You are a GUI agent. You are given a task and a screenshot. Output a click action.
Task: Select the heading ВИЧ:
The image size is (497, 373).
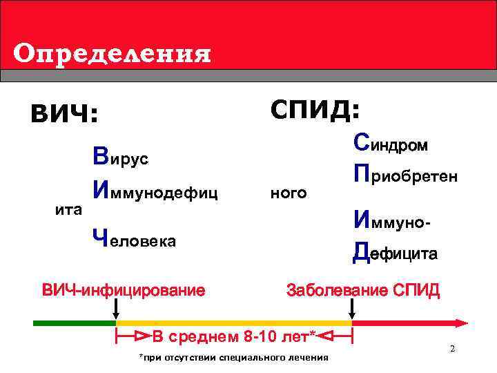pos(64,113)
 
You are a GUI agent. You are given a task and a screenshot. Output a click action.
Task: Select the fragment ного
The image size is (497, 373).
pos(289,193)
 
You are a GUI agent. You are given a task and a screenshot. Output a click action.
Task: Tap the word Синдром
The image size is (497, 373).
pos(390,144)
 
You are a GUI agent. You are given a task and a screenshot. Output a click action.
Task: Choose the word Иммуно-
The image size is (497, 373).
pos(392,222)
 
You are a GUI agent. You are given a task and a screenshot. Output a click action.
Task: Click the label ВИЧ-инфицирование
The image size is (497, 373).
pos(124,290)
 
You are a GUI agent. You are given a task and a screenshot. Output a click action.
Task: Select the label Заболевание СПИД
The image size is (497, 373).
pos(362,290)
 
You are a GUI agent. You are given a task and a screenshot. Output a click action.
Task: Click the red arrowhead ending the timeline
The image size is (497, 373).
pos(461,322)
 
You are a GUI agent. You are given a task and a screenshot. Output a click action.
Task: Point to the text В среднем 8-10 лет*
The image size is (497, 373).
pos(233,337)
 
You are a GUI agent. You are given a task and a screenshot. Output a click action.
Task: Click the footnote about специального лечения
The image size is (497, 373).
pos(233,358)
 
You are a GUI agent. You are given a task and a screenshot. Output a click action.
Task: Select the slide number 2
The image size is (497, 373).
pos(452,349)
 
